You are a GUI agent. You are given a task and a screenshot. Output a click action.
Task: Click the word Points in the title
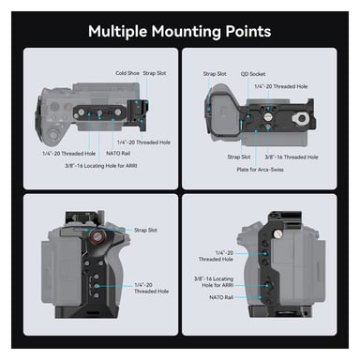pyautogui.click(x=247, y=31)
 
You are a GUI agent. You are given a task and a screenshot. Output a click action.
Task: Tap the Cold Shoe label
pyautogui.click(x=127, y=72)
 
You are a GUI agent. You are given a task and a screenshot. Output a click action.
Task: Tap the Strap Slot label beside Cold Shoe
pyautogui.click(x=155, y=72)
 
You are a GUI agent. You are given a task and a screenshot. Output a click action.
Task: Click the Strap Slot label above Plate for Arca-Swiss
pyautogui.click(x=240, y=157)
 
